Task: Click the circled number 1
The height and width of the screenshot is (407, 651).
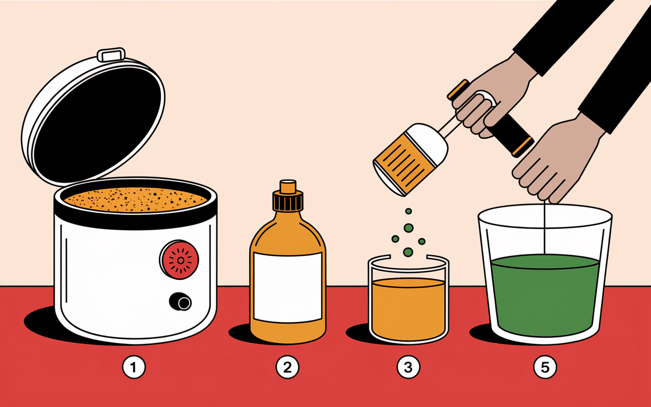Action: pyautogui.click(x=134, y=367)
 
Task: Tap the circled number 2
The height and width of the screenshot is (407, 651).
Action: pyautogui.click(x=287, y=367)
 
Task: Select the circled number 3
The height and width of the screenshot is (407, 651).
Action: pyautogui.click(x=408, y=367)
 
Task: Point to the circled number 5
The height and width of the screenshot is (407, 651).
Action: pyautogui.click(x=545, y=367)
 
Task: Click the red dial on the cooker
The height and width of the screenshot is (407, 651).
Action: pyautogui.click(x=180, y=259)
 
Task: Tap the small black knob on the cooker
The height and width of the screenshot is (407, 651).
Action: pyautogui.click(x=181, y=302)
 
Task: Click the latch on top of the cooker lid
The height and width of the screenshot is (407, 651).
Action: pyautogui.click(x=111, y=54)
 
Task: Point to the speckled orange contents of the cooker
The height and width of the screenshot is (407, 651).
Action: pyautogui.click(x=135, y=199)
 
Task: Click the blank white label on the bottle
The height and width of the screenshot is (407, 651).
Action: pyautogui.click(x=288, y=287)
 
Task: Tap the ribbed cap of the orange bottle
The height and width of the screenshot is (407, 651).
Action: pyautogui.click(x=288, y=200)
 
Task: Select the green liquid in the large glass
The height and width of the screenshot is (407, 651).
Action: pyautogui.click(x=545, y=295)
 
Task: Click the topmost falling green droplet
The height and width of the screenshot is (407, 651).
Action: pyautogui.click(x=408, y=211)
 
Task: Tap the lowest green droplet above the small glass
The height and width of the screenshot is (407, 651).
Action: pyautogui.click(x=408, y=252)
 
